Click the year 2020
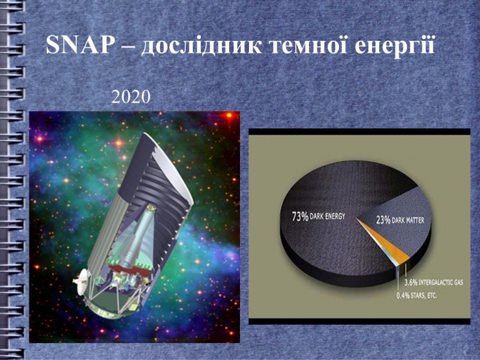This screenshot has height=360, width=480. coord(131,97)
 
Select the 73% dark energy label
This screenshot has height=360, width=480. coord(319,217)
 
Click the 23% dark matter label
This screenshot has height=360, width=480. coord(400,220)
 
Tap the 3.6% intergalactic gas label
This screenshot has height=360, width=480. coord(433,282)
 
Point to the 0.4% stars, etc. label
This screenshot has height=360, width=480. coord(416,295)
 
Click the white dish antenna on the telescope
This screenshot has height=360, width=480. coord(80,281)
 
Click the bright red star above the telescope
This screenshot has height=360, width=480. coord(119,143)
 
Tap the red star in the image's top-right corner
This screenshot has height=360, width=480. coord(229,115)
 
